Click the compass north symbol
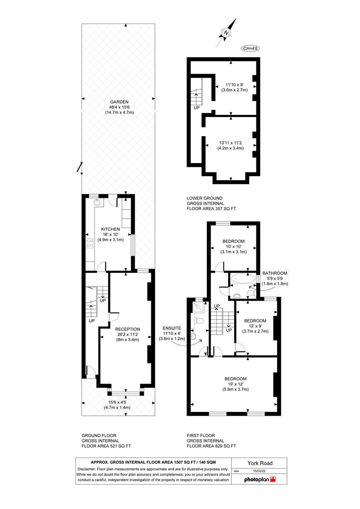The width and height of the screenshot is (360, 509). (x=226, y=33)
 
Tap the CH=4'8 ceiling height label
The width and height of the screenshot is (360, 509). (x=250, y=49)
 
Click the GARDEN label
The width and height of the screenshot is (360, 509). (x=119, y=102)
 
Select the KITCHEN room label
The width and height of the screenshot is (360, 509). (x=110, y=229)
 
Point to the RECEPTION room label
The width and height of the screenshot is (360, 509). (x=128, y=329)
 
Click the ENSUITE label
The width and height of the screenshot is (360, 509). (x=172, y=328)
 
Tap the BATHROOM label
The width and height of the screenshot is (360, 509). (x=275, y=273)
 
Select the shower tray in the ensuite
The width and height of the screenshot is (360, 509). (x=199, y=307)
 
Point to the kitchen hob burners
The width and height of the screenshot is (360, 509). (x=90, y=244)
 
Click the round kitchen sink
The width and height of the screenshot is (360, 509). (x=97, y=203)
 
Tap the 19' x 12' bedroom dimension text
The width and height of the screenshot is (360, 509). (x=235, y=384)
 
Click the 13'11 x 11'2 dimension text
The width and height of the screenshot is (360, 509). (x=230, y=143)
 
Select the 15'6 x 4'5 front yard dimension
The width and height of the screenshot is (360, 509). (x=117, y=402)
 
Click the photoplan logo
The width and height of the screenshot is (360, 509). (x=260, y=479)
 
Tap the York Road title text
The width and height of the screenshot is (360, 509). (x=260, y=463)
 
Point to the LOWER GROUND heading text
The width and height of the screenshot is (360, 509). (x=205, y=198)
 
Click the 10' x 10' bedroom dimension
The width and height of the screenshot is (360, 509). (x=233, y=246)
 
